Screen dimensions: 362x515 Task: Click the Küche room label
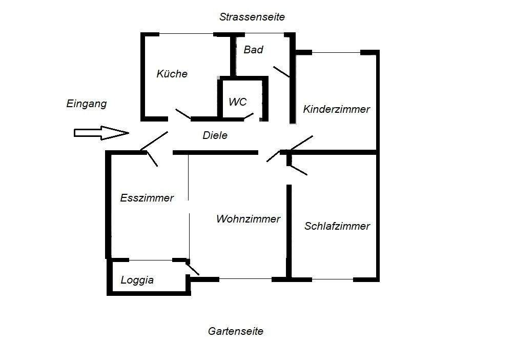click(172, 74)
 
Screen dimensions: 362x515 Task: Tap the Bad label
click(253, 50)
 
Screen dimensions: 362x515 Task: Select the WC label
click(238, 102)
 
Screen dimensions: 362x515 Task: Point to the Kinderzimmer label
click(336, 109)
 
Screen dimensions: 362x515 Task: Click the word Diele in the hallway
click(215, 136)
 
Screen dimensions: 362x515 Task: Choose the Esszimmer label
click(147, 198)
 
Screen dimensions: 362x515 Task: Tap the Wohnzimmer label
click(248, 219)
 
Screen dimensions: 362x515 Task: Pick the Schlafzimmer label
click(337, 226)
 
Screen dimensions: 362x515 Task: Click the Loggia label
click(137, 280)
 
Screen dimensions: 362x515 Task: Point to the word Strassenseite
click(252, 17)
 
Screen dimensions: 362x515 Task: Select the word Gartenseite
click(235, 331)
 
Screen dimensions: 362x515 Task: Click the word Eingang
click(87, 104)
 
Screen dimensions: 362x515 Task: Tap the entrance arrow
click(101, 133)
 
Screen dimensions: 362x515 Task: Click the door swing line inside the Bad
click(281, 72)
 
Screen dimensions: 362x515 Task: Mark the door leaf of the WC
click(249, 116)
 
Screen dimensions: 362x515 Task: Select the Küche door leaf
click(183, 113)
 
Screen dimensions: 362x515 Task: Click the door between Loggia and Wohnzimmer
click(192, 268)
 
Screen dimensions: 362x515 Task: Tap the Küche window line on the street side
click(186, 34)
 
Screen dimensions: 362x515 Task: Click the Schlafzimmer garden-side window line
click(332, 279)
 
